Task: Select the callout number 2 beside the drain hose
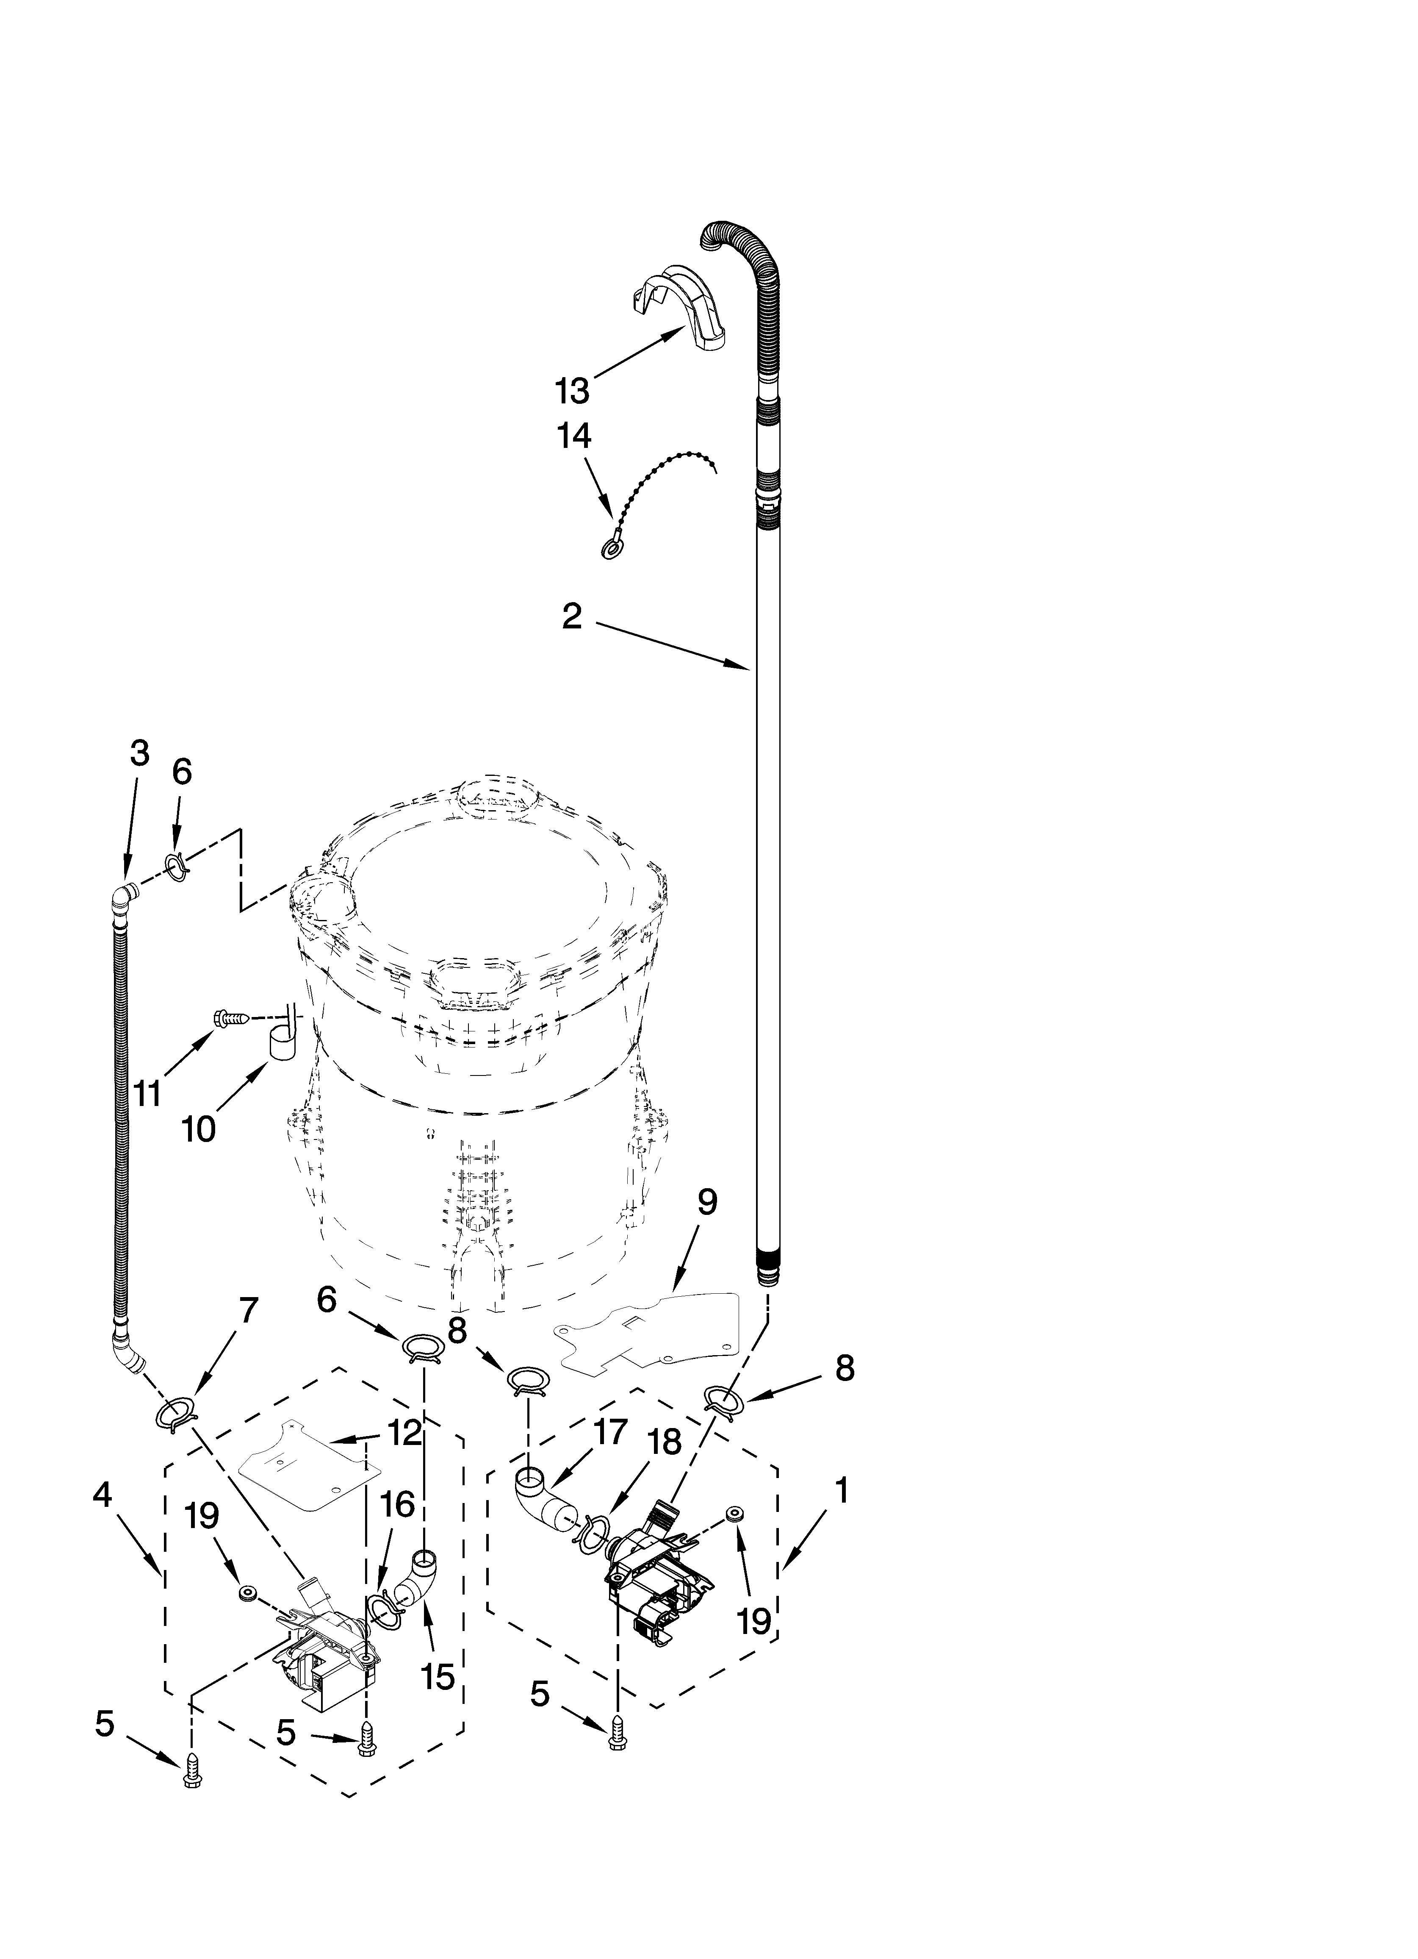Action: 572,617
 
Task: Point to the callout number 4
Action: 103,1495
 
